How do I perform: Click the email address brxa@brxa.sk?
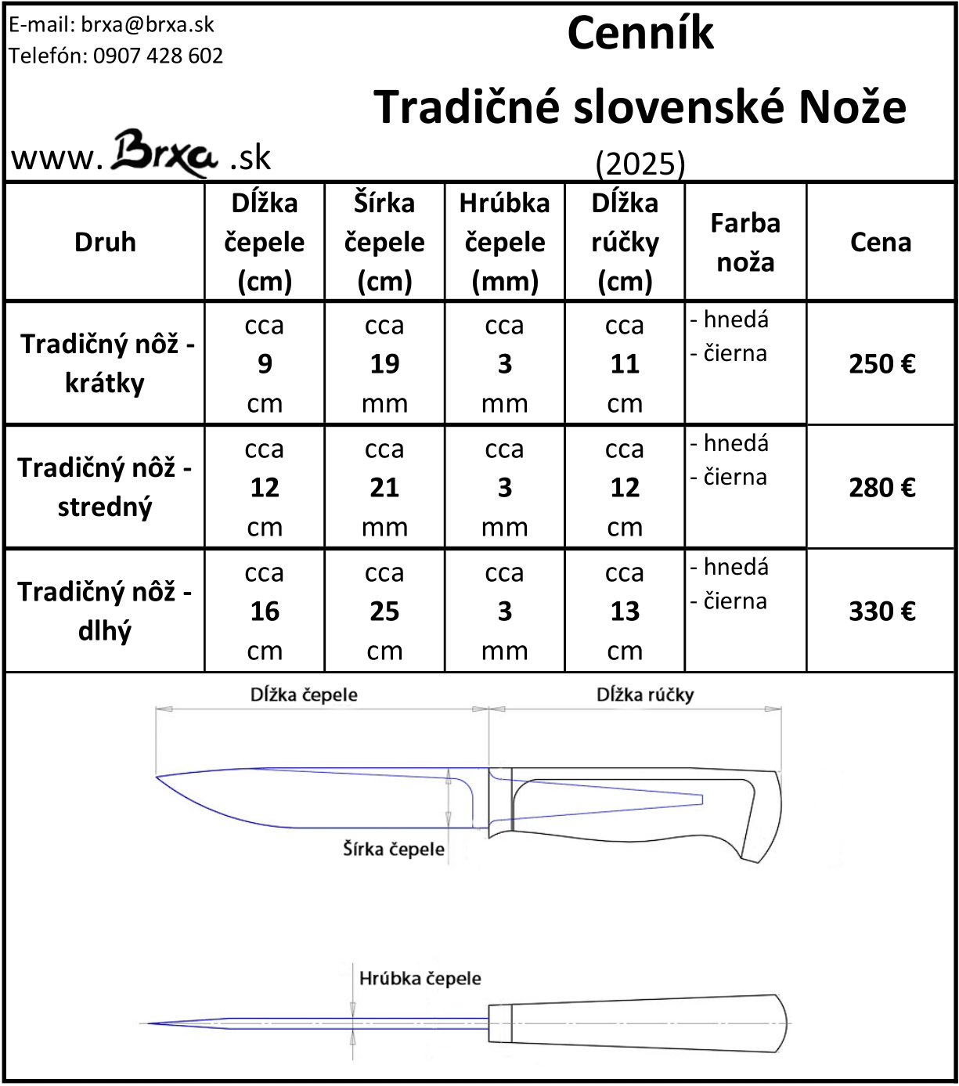tap(147, 24)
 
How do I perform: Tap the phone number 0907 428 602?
tap(157, 56)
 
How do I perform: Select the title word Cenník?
tap(640, 34)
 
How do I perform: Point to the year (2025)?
tap(640, 164)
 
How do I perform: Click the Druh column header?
tap(105, 242)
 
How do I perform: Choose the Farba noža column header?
tap(745, 242)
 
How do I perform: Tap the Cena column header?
tap(881, 242)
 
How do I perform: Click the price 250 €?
tap(881, 364)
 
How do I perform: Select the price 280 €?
tap(881, 488)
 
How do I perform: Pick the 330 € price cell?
tap(881, 612)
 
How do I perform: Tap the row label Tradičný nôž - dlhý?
tap(105, 611)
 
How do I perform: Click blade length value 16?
tap(265, 612)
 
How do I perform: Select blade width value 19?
tap(384, 364)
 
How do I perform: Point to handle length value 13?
tap(625, 612)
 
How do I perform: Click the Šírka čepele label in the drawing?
tap(393, 849)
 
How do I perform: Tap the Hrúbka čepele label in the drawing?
tap(420, 978)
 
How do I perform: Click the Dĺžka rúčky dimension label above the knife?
tap(645, 695)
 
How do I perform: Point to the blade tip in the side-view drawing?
tap(158, 777)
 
